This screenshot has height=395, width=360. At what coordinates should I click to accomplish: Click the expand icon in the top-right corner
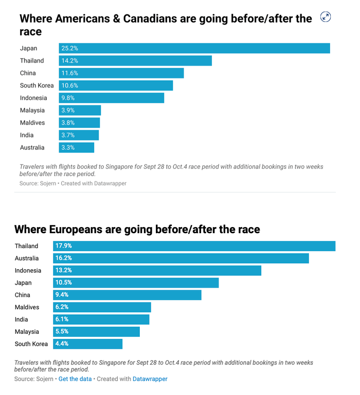325,17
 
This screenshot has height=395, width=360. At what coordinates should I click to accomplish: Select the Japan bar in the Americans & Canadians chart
194,48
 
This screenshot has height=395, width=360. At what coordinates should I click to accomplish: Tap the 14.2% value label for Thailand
69,61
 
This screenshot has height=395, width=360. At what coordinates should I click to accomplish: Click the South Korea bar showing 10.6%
116,85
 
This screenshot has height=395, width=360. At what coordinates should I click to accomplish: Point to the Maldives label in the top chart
32,123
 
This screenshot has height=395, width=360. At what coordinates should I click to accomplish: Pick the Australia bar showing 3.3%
77,147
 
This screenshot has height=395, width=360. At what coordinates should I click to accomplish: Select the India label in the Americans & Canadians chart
27,135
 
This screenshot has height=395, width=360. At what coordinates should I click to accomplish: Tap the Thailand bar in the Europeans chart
194,246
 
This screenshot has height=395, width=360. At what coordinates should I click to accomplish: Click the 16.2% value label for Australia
63,258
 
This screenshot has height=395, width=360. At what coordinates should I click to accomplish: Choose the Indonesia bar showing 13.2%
157,271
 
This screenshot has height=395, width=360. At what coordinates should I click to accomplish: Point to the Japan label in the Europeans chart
23,283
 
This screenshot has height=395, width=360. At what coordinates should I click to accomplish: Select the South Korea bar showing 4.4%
87,344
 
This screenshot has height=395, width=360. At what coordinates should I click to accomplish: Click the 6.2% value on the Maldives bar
62,307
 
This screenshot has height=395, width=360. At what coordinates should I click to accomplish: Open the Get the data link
75,379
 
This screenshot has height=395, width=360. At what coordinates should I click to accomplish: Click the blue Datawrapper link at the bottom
150,379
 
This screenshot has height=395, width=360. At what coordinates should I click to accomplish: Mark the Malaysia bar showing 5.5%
96,332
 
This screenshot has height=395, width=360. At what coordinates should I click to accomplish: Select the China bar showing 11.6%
121,73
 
